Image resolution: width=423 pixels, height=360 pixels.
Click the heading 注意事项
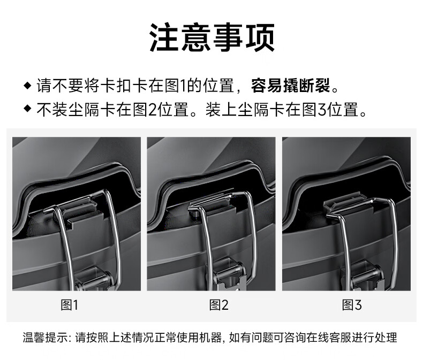pos(212,37)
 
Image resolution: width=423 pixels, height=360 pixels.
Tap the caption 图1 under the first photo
pos(69,305)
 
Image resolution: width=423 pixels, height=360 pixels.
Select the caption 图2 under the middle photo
pos(219,305)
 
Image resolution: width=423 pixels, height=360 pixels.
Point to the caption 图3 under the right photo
pos(352,305)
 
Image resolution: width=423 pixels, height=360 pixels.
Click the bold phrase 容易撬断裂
pos(291,86)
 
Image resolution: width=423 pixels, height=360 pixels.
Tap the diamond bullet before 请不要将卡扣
pos(27,86)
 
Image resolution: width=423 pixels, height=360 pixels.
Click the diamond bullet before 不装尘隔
pos(27,109)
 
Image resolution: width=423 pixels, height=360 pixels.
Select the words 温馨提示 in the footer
pos(46,337)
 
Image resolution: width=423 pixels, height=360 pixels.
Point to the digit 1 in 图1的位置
pos(184,86)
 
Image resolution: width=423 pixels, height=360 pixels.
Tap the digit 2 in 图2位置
pos(153,109)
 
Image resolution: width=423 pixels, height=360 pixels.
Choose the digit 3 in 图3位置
pos(322,109)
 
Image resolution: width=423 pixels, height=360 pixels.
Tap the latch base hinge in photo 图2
pos(227,275)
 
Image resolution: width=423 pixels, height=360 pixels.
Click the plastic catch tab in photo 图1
pos(81,211)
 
